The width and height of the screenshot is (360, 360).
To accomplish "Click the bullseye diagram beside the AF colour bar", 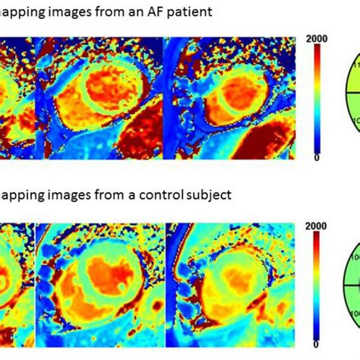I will coord(351,99).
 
